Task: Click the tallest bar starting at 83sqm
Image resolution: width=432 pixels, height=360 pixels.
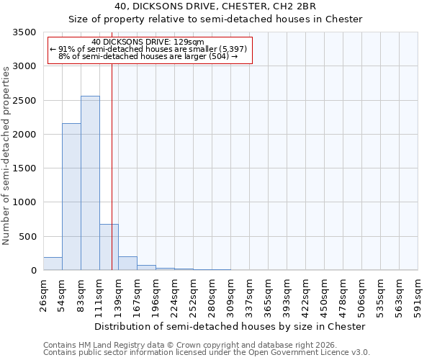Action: [x=90, y=183]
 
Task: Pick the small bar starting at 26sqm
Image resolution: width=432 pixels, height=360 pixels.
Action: [x=53, y=264]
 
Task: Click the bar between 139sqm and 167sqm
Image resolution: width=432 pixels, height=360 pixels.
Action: [x=127, y=263]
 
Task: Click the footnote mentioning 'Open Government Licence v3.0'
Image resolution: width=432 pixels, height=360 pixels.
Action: [x=207, y=352]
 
